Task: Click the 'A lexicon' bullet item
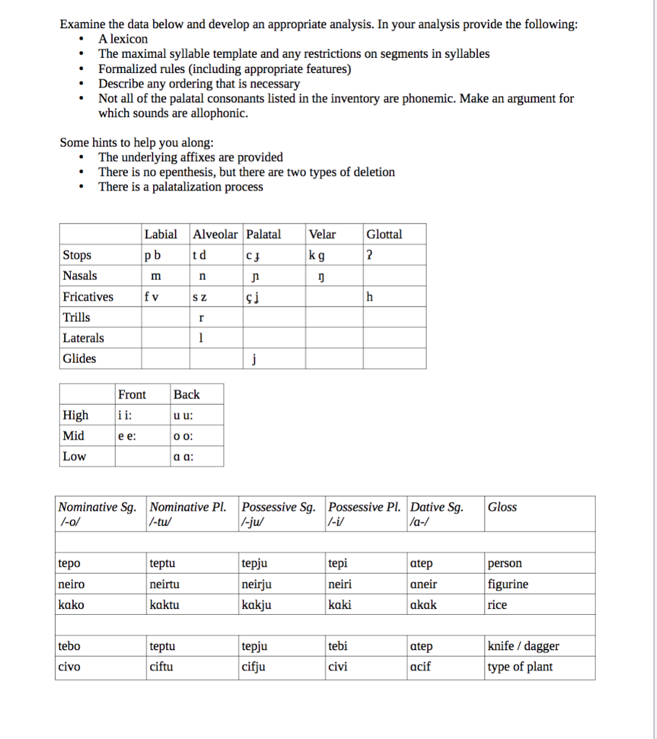(123, 39)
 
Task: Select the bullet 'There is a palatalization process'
(180, 187)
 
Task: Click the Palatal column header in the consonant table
(264, 235)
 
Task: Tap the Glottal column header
(384, 235)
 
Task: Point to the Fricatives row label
(88, 297)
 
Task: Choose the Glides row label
(79, 359)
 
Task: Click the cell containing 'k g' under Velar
(316, 255)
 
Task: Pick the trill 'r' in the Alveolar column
(202, 318)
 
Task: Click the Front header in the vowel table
(131, 395)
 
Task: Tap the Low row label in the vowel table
(74, 456)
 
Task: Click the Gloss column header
(502, 507)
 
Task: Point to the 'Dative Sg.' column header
(436, 507)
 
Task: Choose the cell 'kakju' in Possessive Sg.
(256, 605)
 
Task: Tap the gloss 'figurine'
(508, 585)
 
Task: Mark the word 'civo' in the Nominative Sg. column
(69, 668)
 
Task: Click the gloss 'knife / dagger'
(523, 647)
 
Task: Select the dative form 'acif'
(420, 668)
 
